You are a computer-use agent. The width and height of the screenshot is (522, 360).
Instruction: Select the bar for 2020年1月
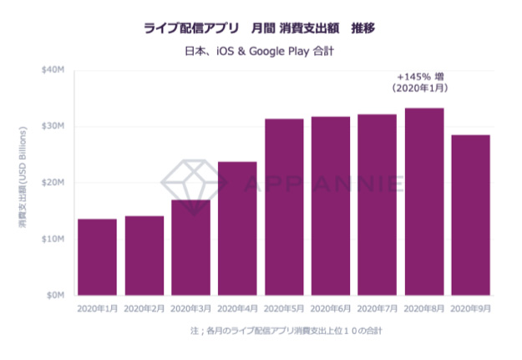[x=97, y=257]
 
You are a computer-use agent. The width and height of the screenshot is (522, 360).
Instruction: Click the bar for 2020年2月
[x=144, y=256]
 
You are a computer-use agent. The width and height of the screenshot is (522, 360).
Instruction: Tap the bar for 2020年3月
[x=190, y=247]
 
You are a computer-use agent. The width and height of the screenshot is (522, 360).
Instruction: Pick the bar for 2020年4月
[x=237, y=228]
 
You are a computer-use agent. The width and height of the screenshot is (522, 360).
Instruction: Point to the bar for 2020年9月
[x=470, y=215]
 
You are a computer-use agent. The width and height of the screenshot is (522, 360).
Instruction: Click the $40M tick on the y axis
[x=53, y=69]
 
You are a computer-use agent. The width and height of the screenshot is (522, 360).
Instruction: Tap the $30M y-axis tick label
[x=53, y=126]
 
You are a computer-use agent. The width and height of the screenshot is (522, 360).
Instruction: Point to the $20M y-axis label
[x=53, y=182]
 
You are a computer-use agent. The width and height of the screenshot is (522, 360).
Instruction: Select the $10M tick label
[x=53, y=239]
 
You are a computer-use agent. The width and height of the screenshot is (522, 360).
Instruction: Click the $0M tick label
[x=55, y=295]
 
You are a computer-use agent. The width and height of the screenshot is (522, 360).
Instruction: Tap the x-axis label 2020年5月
[x=284, y=308]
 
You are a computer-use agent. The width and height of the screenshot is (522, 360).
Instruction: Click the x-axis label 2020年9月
[x=470, y=308]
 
